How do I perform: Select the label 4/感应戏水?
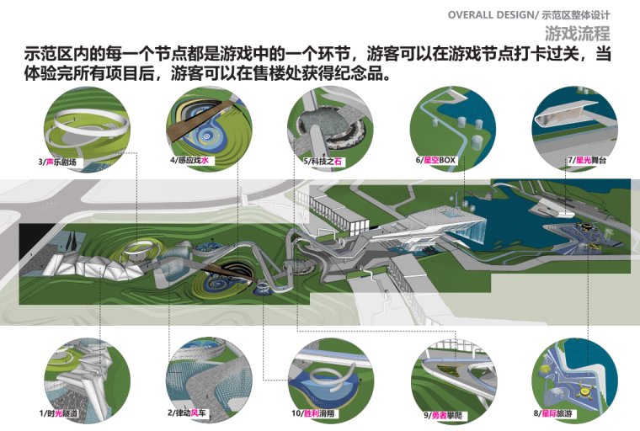[x=190, y=160]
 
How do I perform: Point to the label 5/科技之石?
[x=322, y=160]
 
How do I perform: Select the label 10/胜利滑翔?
[x=317, y=413]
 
